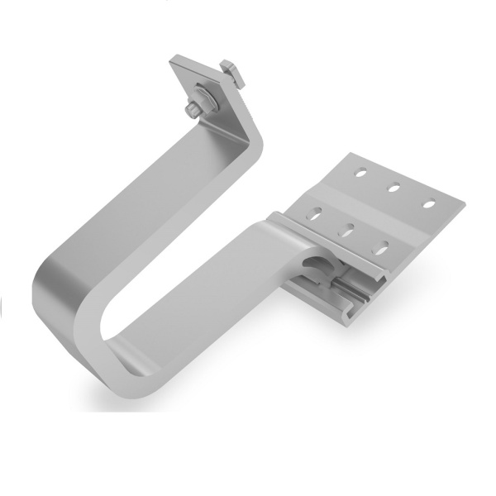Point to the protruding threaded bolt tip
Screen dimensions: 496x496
tap(189, 108)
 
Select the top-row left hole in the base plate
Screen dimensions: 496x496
tap(360, 173)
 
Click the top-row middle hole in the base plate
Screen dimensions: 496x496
tap(394, 187)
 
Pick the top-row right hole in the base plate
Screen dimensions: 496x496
tap(429, 203)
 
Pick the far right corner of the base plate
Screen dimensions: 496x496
tap(456, 201)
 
